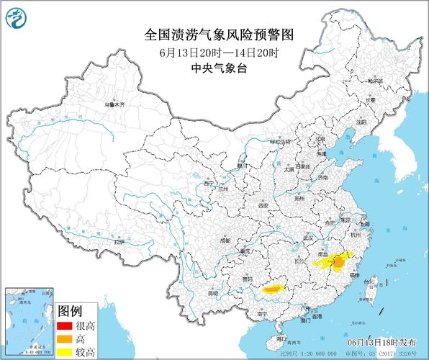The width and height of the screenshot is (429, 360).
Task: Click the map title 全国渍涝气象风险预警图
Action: (x=214, y=34)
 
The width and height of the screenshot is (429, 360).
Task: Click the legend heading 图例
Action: (x=70, y=311)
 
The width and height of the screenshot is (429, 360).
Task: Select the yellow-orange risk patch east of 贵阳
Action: (x=275, y=289)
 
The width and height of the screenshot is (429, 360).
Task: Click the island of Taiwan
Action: (x=372, y=289)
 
